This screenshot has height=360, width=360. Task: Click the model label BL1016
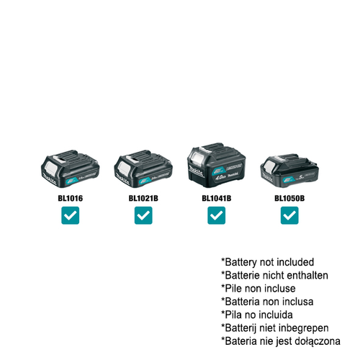point(70,197)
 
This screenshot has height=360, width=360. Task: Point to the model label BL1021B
point(143,197)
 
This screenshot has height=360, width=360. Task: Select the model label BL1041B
point(215,197)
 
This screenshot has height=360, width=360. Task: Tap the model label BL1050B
point(289,197)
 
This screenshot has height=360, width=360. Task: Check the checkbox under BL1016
point(70,215)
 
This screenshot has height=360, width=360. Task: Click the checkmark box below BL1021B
point(143,215)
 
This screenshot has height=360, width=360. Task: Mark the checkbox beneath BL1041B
point(216,215)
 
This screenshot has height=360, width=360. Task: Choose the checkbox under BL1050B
point(289,215)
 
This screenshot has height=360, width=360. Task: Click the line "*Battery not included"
point(267,262)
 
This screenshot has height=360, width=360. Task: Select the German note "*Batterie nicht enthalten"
point(274,275)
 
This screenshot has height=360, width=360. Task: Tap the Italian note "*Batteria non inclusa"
point(269,301)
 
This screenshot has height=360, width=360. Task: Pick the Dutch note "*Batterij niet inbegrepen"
point(276,327)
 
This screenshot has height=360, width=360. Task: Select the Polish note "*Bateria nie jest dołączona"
point(282,340)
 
